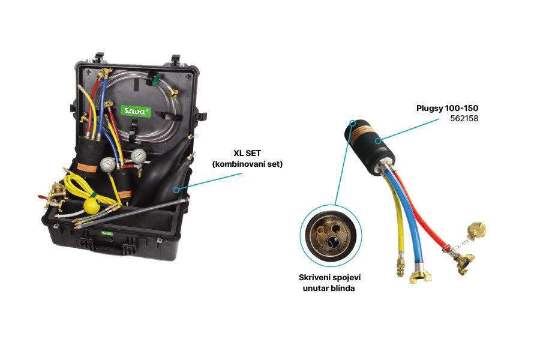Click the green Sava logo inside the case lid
[136, 111]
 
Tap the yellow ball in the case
[92, 206]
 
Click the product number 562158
[464, 119]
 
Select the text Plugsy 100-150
[447, 108]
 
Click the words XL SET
[247, 153]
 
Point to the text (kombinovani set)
[247, 164]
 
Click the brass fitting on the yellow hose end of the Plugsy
[401, 268]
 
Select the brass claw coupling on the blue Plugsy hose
[420, 276]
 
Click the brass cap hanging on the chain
[476, 230]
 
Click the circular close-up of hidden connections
[331, 235]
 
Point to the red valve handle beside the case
[43, 197]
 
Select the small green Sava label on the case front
[107, 233]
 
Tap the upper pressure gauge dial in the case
[139, 156]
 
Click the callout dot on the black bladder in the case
[176, 190]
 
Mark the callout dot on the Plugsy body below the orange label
[378, 140]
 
